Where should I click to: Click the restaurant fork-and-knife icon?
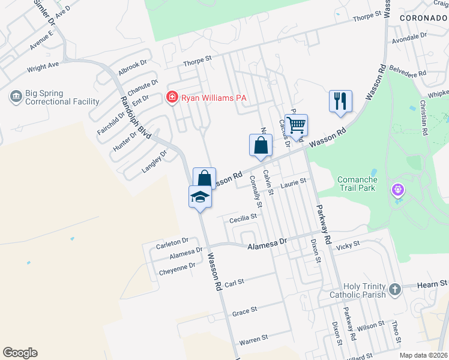[x=340, y=101]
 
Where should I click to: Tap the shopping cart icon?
[x=296, y=125]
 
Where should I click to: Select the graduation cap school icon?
[x=200, y=196]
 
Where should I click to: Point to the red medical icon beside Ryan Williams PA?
[x=172, y=97]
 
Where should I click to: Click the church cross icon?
[x=394, y=290]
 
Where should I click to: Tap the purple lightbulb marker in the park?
[x=398, y=191]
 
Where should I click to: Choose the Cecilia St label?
[x=243, y=220]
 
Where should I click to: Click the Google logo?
[x=20, y=353]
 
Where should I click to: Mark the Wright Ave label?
[x=43, y=66]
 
